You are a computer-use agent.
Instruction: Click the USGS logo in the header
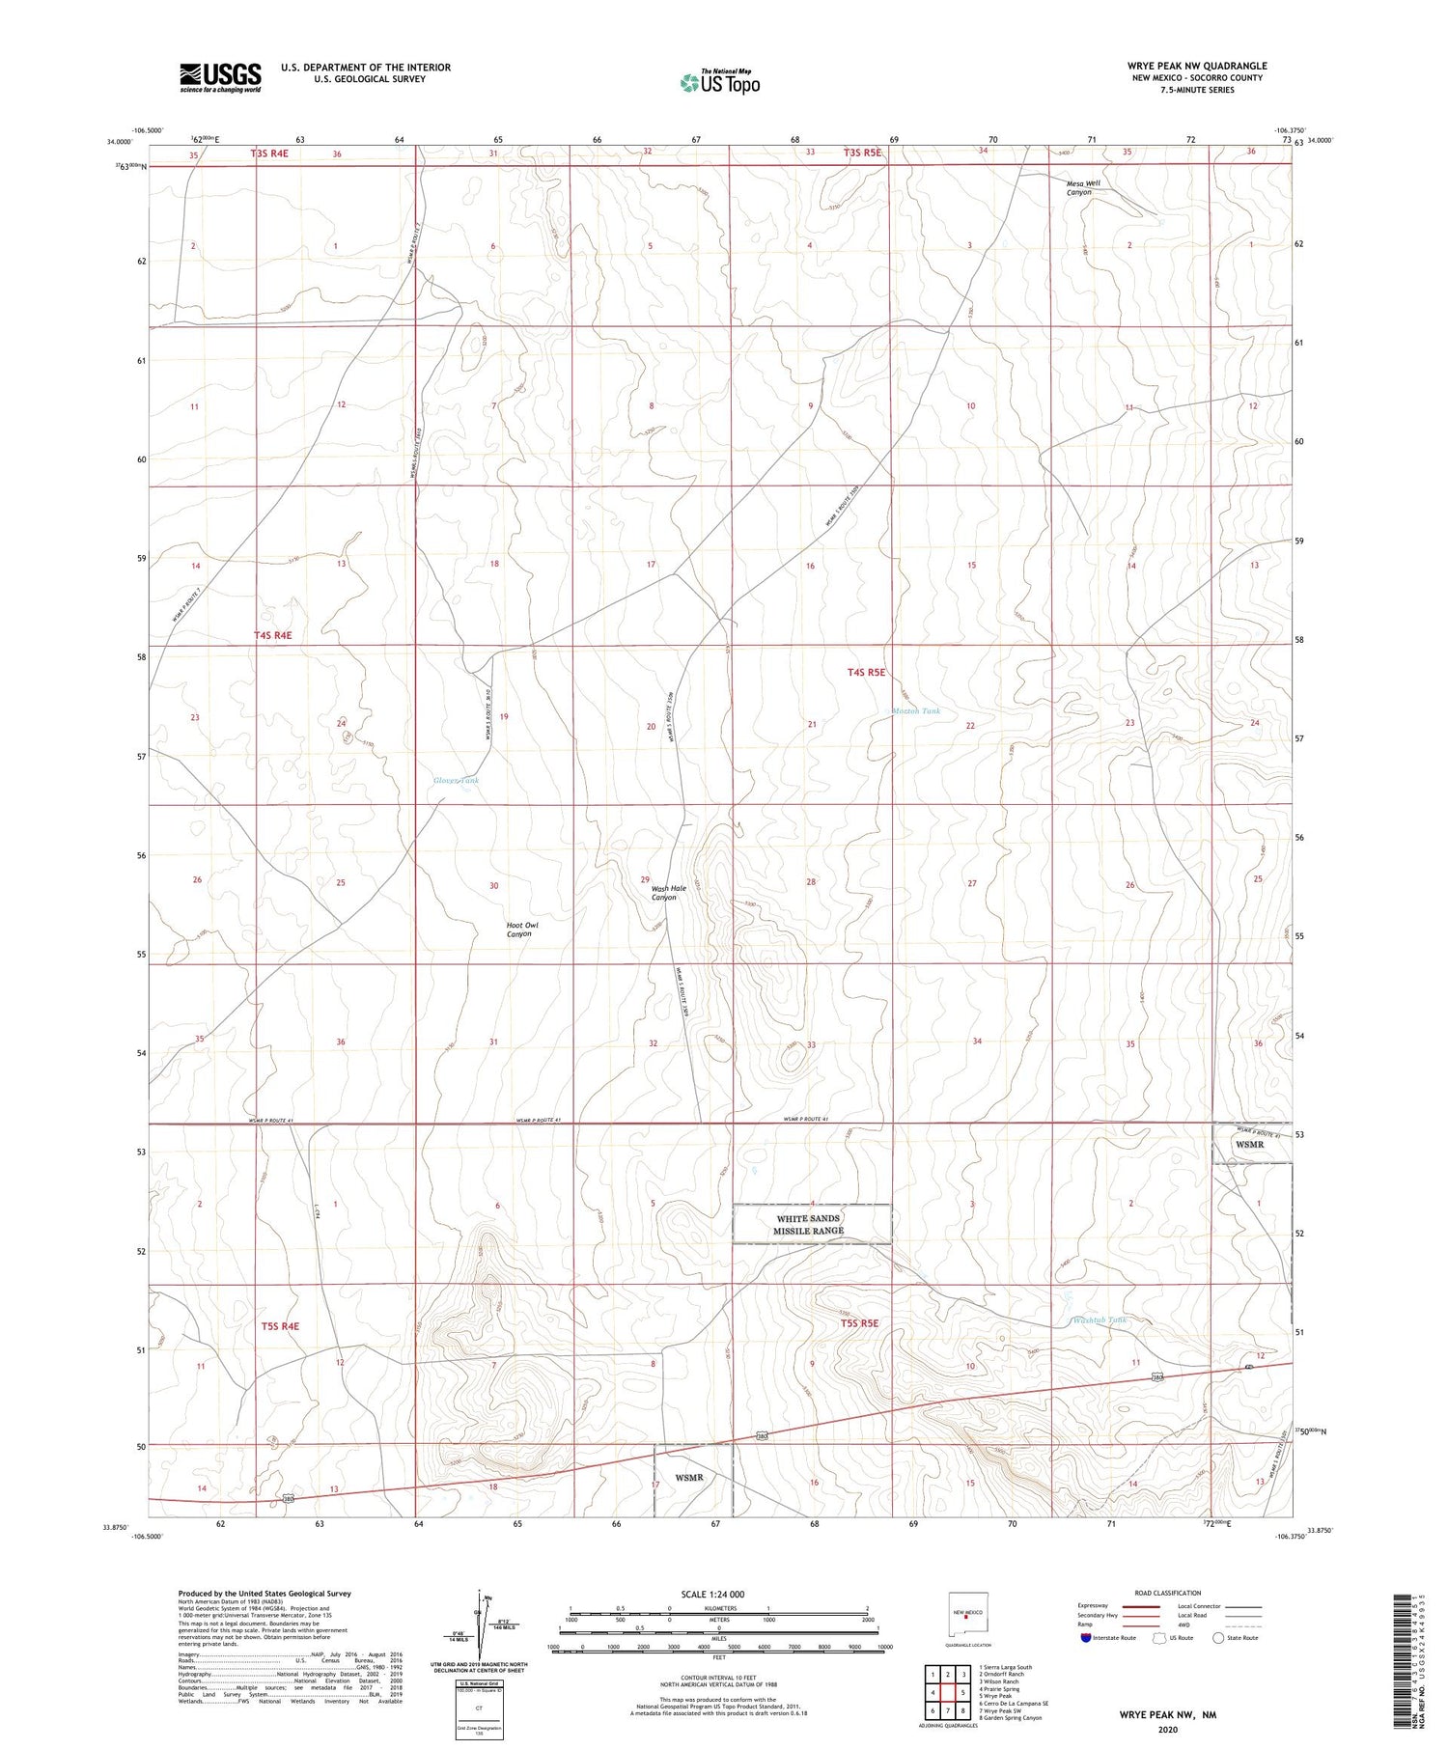click(x=220, y=77)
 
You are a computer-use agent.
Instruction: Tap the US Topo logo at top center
click(x=719, y=82)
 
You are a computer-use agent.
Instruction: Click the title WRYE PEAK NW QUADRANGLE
click(x=1196, y=66)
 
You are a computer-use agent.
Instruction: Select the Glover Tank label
click(x=456, y=780)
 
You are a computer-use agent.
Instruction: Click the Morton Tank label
click(x=915, y=711)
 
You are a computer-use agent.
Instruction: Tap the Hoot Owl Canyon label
click(x=522, y=930)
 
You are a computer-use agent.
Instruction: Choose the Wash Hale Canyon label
click(x=668, y=893)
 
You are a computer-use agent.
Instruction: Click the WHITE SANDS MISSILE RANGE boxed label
click(x=811, y=1224)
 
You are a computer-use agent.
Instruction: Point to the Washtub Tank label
click(x=1099, y=1319)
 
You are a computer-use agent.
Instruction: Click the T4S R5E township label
click(x=866, y=672)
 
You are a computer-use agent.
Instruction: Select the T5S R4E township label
click(x=280, y=1326)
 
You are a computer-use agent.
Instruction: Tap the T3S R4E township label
click(x=270, y=153)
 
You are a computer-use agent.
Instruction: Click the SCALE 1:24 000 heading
click(x=712, y=1594)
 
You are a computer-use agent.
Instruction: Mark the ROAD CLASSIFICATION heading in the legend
click(x=1167, y=1593)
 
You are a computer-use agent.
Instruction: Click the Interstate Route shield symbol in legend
click(x=1086, y=1637)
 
